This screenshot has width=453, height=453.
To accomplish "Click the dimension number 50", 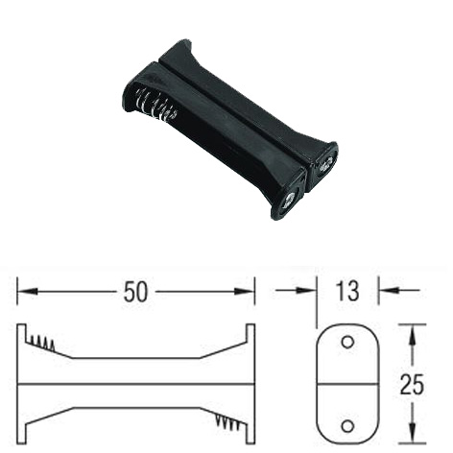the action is point(136,292).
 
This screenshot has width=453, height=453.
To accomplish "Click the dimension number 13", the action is point(347,291).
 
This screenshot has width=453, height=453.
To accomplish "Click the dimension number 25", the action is point(412,384).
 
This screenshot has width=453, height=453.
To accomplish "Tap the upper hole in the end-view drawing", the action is point(347,342).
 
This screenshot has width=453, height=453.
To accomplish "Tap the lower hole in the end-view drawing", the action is point(347,426).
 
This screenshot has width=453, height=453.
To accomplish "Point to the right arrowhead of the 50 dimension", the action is point(245,292).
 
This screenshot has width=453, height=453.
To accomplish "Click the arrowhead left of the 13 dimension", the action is point(306,291).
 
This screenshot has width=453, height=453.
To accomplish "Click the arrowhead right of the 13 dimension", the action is point(389,291).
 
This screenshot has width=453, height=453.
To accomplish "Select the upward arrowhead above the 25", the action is point(413,334).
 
